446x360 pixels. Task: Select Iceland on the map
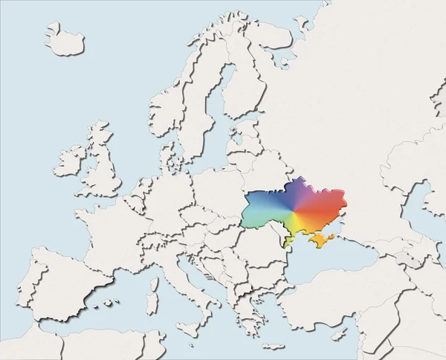tap(64, 38)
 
